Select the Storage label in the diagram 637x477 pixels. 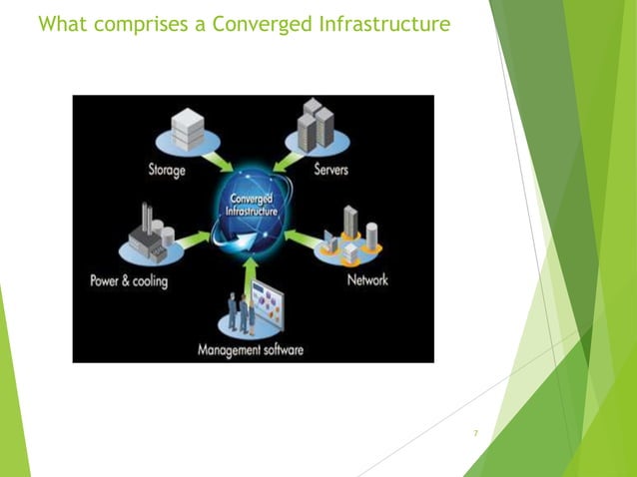(x=161, y=170)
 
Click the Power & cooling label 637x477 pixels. (x=129, y=280)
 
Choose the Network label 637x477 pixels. (x=366, y=280)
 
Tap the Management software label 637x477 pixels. (x=251, y=350)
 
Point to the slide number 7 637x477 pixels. (x=476, y=433)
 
